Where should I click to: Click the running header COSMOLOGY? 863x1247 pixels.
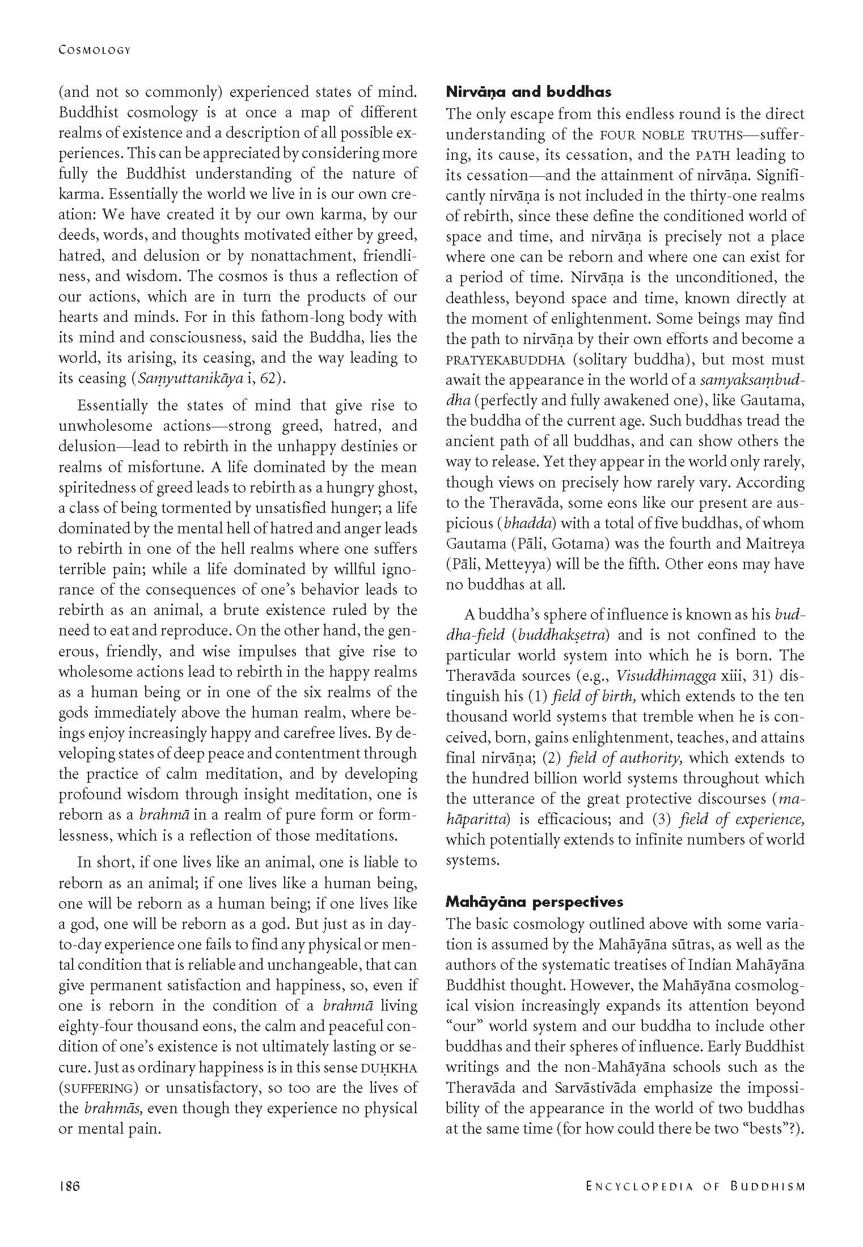pos(95,50)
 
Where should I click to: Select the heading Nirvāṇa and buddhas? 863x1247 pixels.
pos(528,92)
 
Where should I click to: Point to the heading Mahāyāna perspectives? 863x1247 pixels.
pos(534,902)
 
